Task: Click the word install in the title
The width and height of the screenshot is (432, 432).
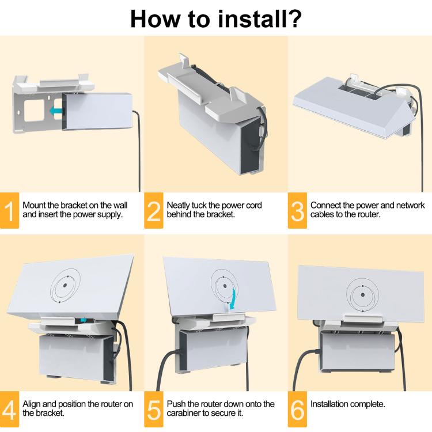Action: [x=252, y=19]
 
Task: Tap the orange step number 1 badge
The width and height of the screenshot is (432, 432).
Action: [x=9, y=210]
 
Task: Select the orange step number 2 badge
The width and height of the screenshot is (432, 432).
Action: [x=153, y=210]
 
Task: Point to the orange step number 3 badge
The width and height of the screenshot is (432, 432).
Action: [x=297, y=210]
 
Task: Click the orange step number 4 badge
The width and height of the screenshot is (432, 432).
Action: [x=9, y=409]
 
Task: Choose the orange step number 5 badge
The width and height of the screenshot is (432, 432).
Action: [x=153, y=409]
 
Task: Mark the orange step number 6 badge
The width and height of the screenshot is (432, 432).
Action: [x=297, y=409]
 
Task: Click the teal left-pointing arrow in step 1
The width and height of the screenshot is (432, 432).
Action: [x=56, y=111]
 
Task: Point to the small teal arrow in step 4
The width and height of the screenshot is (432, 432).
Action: [x=84, y=320]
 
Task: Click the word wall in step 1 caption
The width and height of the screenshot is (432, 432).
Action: [x=120, y=205]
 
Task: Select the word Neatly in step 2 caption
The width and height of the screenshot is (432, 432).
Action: [x=178, y=206]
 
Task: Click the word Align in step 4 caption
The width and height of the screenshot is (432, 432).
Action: [x=32, y=404]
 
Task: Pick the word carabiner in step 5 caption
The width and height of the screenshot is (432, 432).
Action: [x=184, y=413]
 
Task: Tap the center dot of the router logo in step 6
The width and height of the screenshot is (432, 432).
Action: [x=362, y=295]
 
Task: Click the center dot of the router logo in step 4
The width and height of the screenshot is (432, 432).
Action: [x=65, y=286]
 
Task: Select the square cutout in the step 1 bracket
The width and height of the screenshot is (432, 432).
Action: [x=34, y=111]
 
